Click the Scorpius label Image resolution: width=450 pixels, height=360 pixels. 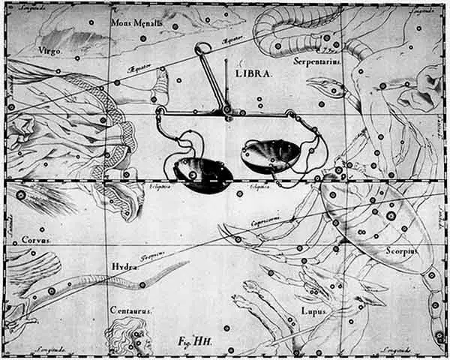(400, 250)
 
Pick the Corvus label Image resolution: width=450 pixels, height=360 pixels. (35, 241)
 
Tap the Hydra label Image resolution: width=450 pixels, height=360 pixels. (123, 266)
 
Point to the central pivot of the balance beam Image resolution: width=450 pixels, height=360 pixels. (226, 112)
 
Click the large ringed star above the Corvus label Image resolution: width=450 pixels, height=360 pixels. (21, 196)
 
